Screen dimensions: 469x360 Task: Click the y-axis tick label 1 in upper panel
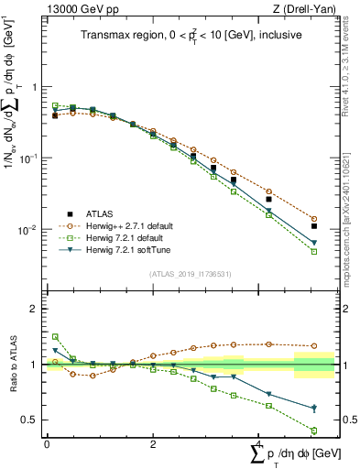tap(36, 87)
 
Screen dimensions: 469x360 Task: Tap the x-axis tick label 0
tap(47, 443)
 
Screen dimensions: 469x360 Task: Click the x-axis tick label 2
tap(152, 443)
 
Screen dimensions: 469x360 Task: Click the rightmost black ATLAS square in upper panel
tap(313, 225)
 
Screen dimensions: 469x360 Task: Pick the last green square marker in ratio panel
tap(313, 431)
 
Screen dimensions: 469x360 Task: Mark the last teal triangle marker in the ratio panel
tap(313, 409)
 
